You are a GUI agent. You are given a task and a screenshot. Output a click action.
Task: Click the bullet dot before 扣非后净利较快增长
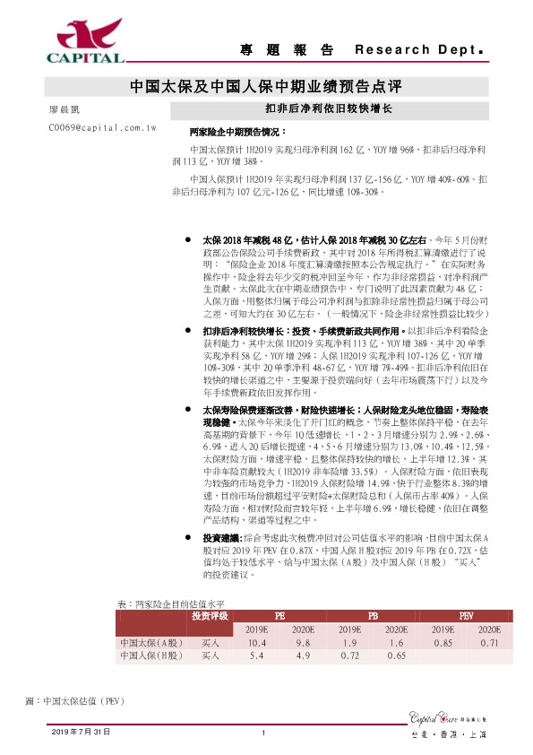186,331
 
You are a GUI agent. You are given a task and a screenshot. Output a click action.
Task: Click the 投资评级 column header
210,617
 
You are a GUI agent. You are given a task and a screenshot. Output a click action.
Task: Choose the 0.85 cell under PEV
443,643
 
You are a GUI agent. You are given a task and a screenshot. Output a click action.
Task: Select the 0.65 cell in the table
396,656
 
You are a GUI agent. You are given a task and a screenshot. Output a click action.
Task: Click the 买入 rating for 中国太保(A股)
210,643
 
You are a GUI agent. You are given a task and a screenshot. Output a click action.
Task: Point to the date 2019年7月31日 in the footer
81,733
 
